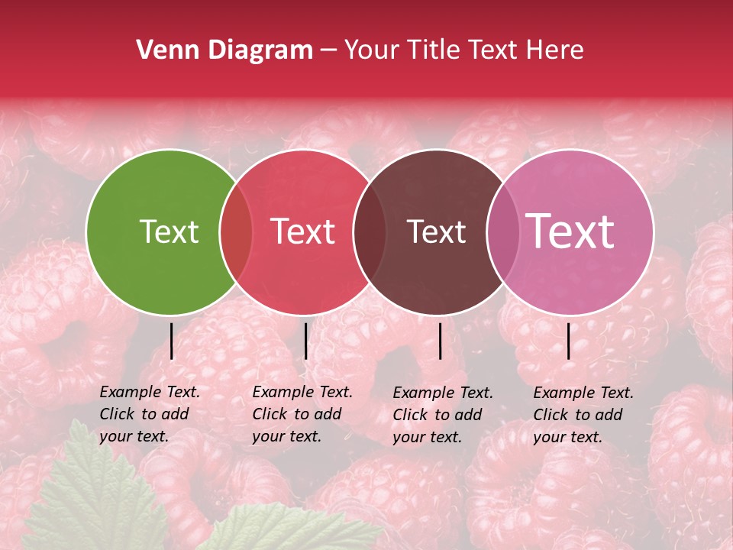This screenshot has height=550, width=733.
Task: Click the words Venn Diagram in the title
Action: (x=224, y=50)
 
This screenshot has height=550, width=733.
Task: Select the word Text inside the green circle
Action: (x=169, y=231)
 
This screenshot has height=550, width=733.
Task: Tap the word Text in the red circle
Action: (x=302, y=231)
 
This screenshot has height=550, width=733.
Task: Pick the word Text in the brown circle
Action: (x=436, y=231)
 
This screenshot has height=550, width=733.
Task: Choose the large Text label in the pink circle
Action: (x=570, y=231)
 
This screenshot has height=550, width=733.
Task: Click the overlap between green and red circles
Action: (x=236, y=231)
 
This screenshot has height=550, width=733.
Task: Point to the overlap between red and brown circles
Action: (x=370, y=231)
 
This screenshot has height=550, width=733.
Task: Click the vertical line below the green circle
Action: (x=171, y=341)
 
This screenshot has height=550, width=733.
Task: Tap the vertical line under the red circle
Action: (x=305, y=341)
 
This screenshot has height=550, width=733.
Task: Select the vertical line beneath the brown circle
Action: (x=440, y=341)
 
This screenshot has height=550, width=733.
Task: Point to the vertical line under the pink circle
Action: (x=568, y=341)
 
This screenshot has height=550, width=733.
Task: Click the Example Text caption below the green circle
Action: (x=149, y=414)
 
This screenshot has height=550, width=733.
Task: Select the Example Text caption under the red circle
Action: (x=302, y=414)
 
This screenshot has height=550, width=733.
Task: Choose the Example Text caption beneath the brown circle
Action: (x=442, y=415)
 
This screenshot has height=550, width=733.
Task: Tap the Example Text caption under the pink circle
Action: (x=583, y=415)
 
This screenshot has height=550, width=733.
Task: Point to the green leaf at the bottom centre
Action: (x=290, y=531)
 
